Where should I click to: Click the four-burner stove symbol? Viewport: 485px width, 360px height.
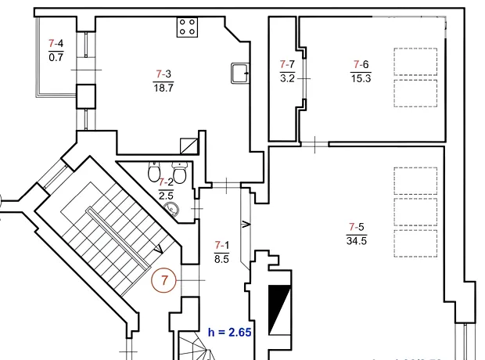pos(187,27)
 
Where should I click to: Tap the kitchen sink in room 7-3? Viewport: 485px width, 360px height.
pos(240,73)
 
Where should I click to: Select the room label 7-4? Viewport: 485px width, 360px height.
pos(56,43)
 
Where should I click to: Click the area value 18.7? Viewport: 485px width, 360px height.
pos(163,88)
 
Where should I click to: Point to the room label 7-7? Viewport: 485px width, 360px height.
pos(287,64)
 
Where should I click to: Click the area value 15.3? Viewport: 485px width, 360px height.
pos(361,78)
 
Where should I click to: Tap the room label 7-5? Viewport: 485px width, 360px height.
pos(357,227)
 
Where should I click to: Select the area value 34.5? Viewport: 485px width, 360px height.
pos(357,241)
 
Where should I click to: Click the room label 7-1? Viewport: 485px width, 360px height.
pos(222,245)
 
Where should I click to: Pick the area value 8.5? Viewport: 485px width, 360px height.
pos(222,259)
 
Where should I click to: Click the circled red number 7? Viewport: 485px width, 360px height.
pos(163,280)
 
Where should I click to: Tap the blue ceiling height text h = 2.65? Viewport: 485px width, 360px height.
pos(229,333)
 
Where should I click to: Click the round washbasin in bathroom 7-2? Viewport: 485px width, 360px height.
pos(171,209)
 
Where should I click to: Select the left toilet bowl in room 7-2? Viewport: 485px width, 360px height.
pos(154,172)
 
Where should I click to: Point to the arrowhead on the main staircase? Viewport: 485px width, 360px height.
pos(159,249)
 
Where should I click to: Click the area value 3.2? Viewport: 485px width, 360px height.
pos(287,78)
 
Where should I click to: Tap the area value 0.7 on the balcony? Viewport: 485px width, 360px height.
pos(56,57)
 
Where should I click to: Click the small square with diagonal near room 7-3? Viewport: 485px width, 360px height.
pos(189,146)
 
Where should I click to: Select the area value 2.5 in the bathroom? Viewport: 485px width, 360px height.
pos(166,196)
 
